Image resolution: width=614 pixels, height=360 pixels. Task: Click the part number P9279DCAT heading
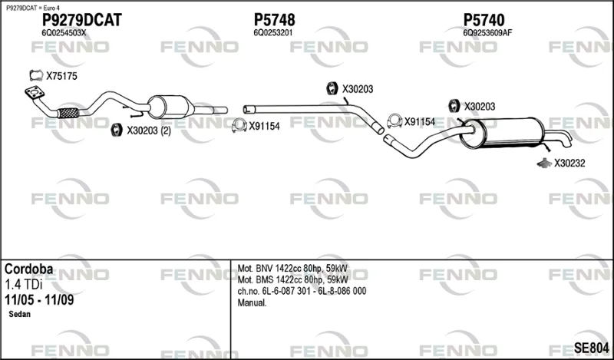pyautogui.click(x=82, y=20)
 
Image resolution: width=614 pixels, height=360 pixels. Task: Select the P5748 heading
pyautogui.click(x=275, y=20)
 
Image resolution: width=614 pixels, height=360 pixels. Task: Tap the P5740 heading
pyautogui.click(x=484, y=20)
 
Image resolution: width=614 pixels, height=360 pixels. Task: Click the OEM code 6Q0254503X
pyautogui.click(x=64, y=33)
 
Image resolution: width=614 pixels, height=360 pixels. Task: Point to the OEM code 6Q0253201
pyautogui.click(x=273, y=33)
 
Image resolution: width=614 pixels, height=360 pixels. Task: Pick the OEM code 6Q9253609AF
pyautogui.click(x=487, y=33)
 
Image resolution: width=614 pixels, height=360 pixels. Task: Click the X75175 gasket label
pyautogui.click(x=61, y=76)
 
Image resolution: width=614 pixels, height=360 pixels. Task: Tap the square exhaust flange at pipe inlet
pyautogui.click(x=35, y=92)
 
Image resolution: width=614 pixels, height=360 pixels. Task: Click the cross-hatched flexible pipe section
pyautogui.click(x=68, y=113)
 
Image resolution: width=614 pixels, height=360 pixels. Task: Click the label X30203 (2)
pyautogui.click(x=149, y=130)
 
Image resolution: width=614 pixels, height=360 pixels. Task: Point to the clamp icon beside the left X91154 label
pyautogui.click(x=239, y=125)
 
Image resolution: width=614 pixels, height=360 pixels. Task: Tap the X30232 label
pyautogui.click(x=569, y=163)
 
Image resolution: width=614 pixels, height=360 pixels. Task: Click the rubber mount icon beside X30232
pyautogui.click(x=544, y=163)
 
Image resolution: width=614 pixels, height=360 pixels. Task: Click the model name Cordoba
pyautogui.click(x=28, y=269)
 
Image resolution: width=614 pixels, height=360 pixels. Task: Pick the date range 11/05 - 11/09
pyautogui.click(x=39, y=300)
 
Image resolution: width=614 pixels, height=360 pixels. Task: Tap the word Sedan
pyautogui.click(x=20, y=314)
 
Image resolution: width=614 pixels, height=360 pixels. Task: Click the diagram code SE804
pyautogui.click(x=591, y=348)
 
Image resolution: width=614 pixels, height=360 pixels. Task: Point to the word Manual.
pyautogui.click(x=253, y=302)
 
